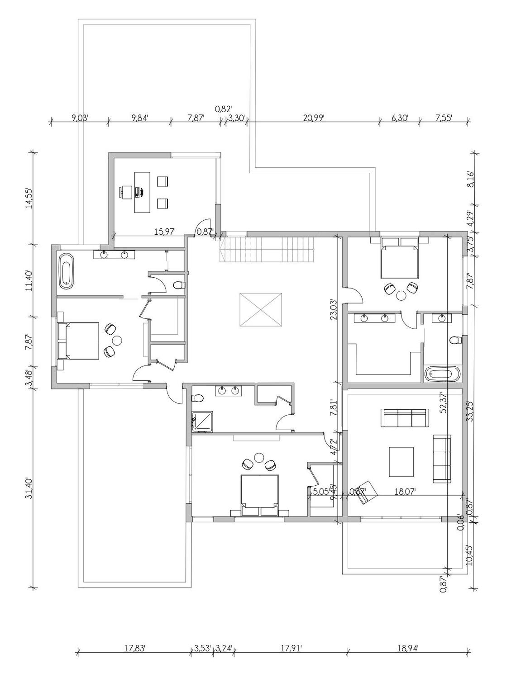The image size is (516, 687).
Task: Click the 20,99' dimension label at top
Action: pos(314,118)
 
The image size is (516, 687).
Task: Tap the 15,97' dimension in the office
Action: pos(164,232)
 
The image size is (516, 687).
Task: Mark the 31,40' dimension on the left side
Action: pos(29,488)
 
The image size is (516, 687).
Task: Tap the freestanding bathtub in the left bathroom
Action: pos(66,270)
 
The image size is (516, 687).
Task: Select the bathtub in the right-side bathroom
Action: pos(443,374)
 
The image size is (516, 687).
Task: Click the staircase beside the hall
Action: pos(267,249)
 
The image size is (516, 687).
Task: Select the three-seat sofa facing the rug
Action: pos(405,418)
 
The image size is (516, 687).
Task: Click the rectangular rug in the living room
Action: pos(401,462)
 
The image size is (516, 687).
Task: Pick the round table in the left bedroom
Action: pos(117,340)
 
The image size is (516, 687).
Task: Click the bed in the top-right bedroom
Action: pos(399,259)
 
